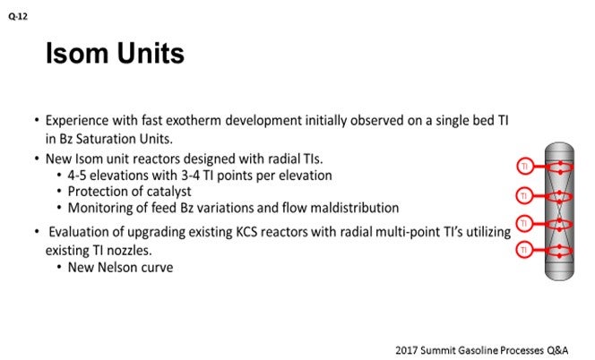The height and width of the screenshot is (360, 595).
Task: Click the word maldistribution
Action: (x=352, y=208)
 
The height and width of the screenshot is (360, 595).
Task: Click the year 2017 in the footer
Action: (x=409, y=348)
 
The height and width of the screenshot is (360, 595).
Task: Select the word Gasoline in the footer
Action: (x=485, y=348)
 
